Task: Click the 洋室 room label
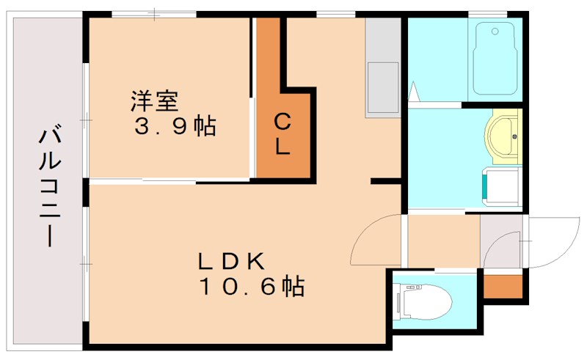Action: click(x=156, y=98)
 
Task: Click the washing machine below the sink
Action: click(x=500, y=185)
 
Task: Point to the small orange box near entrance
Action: click(x=503, y=286)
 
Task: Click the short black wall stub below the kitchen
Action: click(x=384, y=180)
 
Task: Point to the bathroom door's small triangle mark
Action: click(x=414, y=92)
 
